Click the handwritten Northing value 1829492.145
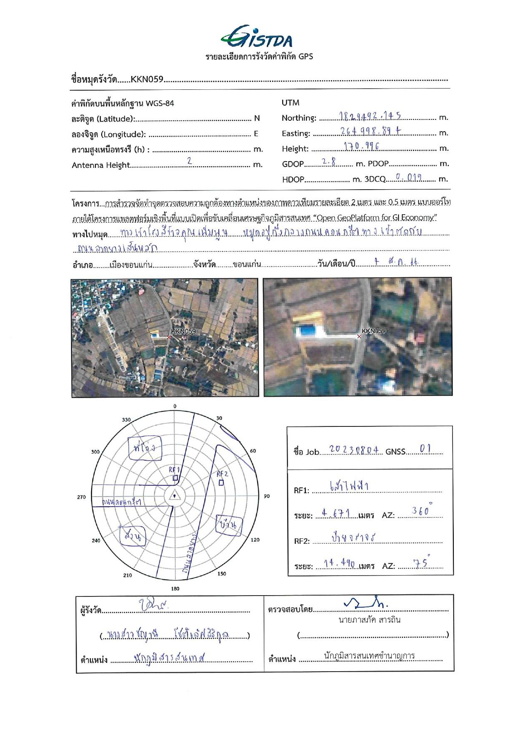point(370,116)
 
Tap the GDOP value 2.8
point(329,162)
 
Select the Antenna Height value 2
point(189,161)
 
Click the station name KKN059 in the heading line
point(147,79)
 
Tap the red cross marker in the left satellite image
point(169,337)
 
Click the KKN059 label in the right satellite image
point(373,331)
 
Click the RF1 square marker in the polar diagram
point(175,478)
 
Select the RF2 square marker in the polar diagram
point(221,483)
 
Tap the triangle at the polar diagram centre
point(174,496)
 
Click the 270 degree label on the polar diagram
point(82,497)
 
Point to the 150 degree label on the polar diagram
point(222,573)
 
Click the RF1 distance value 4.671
point(336,513)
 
